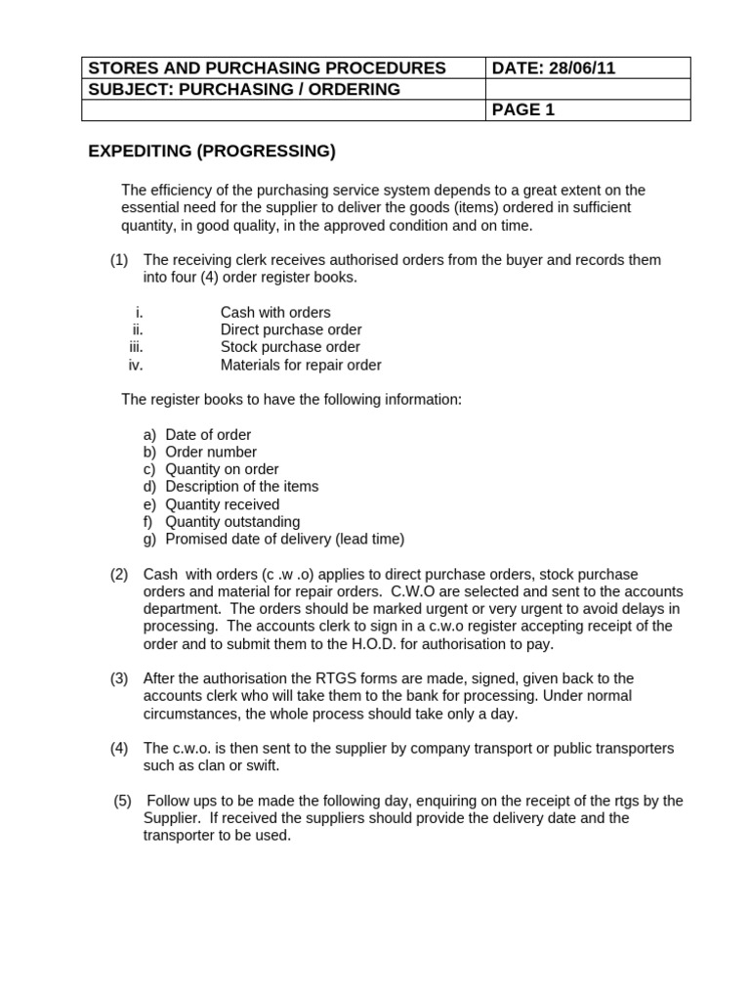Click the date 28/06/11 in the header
pyautogui.click(x=581, y=67)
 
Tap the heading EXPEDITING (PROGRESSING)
pyautogui.click(x=212, y=151)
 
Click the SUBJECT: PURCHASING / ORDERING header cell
pyautogui.click(x=244, y=89)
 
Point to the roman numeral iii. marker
pyautogui.click(x=135, y=347)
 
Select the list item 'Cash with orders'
pyautogui.click(x=274, y=313)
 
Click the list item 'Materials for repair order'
pyautogui.click(x=300, y=365)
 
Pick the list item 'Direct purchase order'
pyautogui.click(x=290, y=329)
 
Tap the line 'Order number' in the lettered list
pyautogui.click(x=211, y=452)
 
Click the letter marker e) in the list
pyautogui.click(x=149, y=504)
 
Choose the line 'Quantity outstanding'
pyautogui.click(x=232, y=522)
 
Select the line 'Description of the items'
pyautogui.click(x=241, y=486)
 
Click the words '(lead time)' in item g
pyautogui.click(x=368, y=539)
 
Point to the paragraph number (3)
pyautogui.click(x=119, y=678)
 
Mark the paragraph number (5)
pyautogui.click(x=122, y=801)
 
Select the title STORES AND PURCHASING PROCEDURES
pyautogui.click(x=267, y=67)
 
